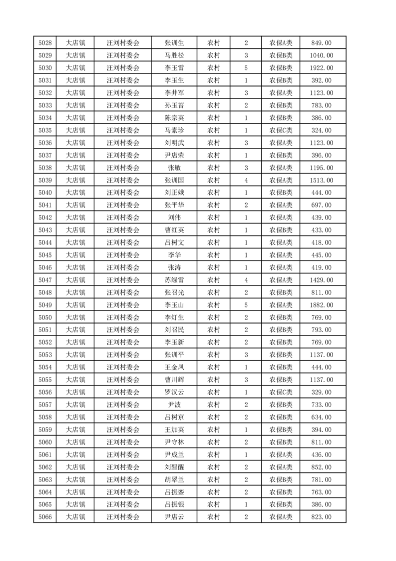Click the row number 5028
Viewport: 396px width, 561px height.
click(x=45, y=43)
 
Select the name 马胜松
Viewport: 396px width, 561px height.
click(x=174, y=55)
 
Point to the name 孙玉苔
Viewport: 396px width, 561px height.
click(x=174, y=105)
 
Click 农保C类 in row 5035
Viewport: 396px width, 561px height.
click(x=281, y=130)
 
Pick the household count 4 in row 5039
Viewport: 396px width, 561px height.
click(x=246, y=180)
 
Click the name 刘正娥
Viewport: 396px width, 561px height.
click(x=174, y=193)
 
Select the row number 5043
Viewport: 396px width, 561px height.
click(x=45, y=230)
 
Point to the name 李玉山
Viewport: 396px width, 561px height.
click(x=174, y=305)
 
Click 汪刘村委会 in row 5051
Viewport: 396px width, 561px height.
click(x=123, y=330)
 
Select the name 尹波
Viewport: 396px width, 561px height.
click(x=174, y=404)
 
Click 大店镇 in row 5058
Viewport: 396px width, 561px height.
click(x=75, y=417)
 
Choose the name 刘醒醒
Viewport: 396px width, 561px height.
click(x=174, y=467)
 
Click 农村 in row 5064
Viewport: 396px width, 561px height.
click(x=213, y=492)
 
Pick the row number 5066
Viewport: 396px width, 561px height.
click(x=45, y=517)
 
